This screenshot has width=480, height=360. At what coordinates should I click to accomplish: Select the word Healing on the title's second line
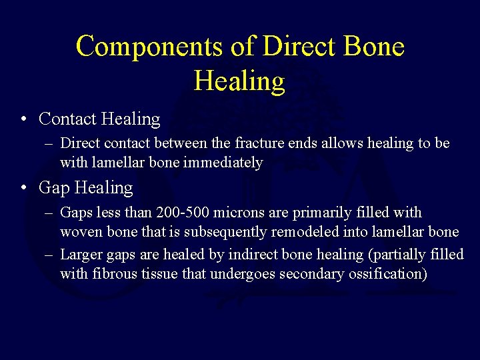point(239,81)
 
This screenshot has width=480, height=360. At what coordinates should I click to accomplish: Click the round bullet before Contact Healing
point(23,119)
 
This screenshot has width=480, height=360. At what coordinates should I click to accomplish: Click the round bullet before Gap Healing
point(23,188)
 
